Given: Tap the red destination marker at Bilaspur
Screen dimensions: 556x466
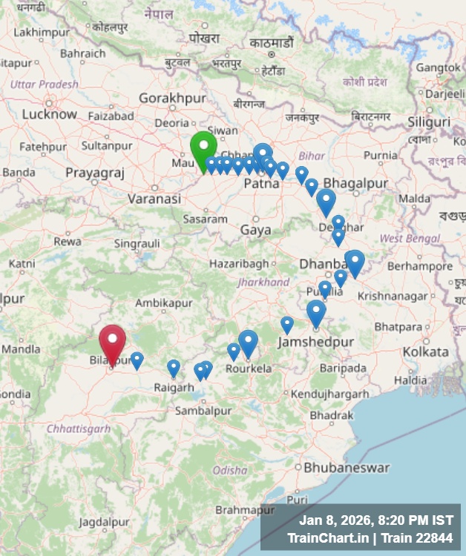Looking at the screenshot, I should coord(112,342).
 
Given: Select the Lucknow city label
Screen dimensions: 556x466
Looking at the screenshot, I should coord(49,114).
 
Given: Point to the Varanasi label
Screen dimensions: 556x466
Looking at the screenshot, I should coord(154,199).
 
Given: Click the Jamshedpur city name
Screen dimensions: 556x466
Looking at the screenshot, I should coord(315,342).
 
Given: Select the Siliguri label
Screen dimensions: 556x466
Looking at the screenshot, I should coord(429,122).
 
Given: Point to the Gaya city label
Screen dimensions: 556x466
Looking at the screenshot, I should coord(255,230).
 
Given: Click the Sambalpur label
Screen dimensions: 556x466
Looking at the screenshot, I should coord(203,410).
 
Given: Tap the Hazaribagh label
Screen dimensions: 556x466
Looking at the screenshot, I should coord(238,263).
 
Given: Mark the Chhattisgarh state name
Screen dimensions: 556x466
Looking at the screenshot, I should coord(78,428).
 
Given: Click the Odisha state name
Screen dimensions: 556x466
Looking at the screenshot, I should coord(230,470).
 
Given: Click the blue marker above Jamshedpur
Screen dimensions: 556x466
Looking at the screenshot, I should coord(316,312).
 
